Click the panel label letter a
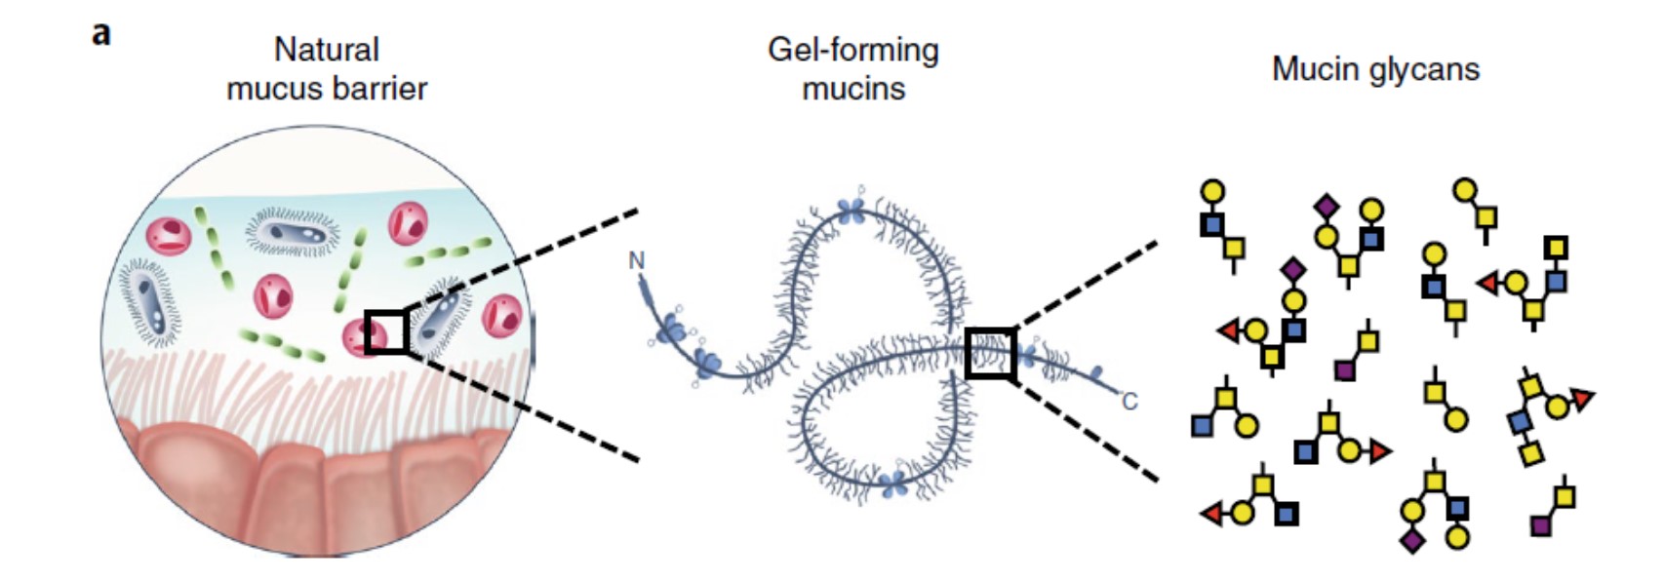tap(101, 34)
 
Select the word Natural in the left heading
tap(326, 49)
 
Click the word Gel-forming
tap(852, 50)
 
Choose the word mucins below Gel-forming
tap(852, 89)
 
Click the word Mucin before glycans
tap(1313, 69)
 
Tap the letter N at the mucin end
tap(637, 260)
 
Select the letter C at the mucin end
tap(1129, 402)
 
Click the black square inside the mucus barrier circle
tap(385, 331)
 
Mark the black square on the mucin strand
tap(990, 353)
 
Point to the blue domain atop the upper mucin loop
tap(852, 209)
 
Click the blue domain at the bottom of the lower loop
tap(893, 484)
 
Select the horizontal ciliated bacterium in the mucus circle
tap(292, 232)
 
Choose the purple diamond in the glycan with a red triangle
tap(1293, 268)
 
